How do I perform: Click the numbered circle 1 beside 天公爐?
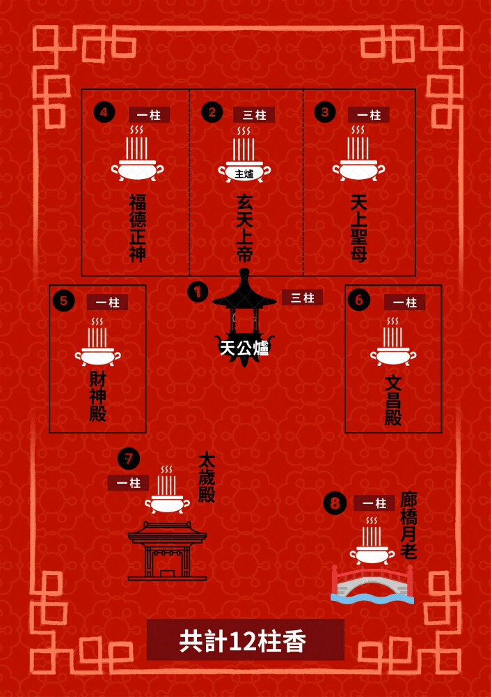198,292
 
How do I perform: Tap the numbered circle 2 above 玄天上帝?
212,112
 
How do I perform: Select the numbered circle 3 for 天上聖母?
325,112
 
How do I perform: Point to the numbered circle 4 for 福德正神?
104,112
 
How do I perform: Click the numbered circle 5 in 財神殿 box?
64,301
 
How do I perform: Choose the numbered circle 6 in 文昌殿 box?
359,301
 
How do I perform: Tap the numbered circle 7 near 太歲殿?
129,459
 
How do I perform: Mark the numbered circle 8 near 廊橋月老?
335,504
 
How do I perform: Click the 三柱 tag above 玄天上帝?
254,115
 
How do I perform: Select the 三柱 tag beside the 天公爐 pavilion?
302,298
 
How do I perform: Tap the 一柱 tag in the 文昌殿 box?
404,302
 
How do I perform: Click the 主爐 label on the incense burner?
244,174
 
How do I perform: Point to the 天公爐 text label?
244,348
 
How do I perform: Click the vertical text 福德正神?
138,228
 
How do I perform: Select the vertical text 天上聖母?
358,228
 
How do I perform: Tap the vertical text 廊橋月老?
408,526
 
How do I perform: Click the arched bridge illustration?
373,585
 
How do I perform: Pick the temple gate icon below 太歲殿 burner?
167,551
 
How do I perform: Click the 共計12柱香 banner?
246,640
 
